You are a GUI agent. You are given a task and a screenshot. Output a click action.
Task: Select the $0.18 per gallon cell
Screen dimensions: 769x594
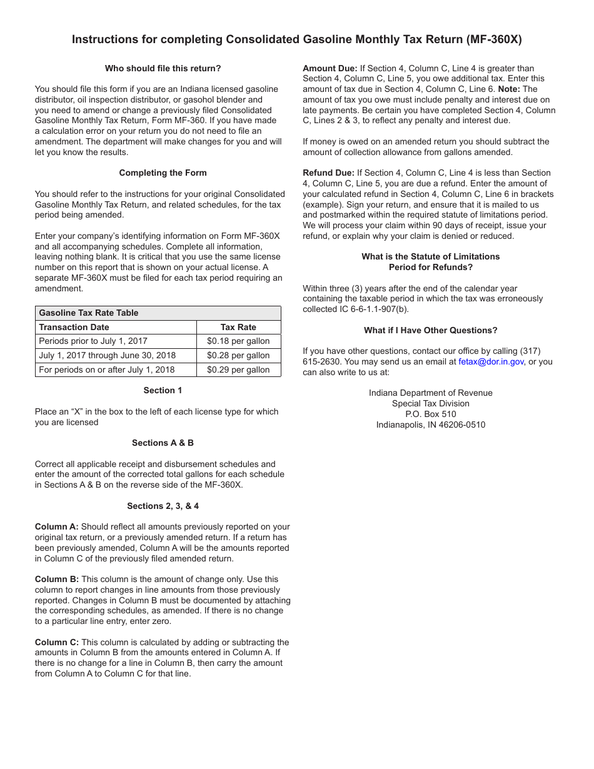(238, 341)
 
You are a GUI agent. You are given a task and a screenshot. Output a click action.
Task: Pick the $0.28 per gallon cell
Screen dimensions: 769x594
(238, 355)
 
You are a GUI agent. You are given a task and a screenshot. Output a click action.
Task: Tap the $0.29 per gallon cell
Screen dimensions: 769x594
(238, 369)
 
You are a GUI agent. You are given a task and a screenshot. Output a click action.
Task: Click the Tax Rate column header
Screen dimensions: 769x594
(238, 327)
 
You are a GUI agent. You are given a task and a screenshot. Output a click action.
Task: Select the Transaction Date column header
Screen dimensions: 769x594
(74, 327)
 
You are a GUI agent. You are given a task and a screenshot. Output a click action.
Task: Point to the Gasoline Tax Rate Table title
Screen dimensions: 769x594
(89, 313)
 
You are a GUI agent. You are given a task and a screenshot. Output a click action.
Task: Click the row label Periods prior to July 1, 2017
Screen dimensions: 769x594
(93, 341)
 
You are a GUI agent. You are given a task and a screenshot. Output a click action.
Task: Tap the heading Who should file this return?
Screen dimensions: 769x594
(163, 68)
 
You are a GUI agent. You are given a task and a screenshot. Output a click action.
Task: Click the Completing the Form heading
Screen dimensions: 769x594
(163, 173)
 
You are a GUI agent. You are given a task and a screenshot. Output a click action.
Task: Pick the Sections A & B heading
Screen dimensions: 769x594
(163, 443)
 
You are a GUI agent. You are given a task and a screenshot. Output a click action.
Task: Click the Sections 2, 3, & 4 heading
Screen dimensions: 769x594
(163, 506)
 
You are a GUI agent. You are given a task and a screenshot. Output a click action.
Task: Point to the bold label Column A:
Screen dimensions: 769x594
(57, 527)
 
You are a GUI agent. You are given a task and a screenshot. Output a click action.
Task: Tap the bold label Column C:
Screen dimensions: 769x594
(57, 642)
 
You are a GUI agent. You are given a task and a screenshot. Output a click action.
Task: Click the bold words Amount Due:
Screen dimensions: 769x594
(330, 68)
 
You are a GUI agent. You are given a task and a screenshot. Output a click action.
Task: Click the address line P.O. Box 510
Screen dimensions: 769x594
(430, 414)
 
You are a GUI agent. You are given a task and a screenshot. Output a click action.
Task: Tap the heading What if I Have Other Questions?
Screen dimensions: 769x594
(430, 330)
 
